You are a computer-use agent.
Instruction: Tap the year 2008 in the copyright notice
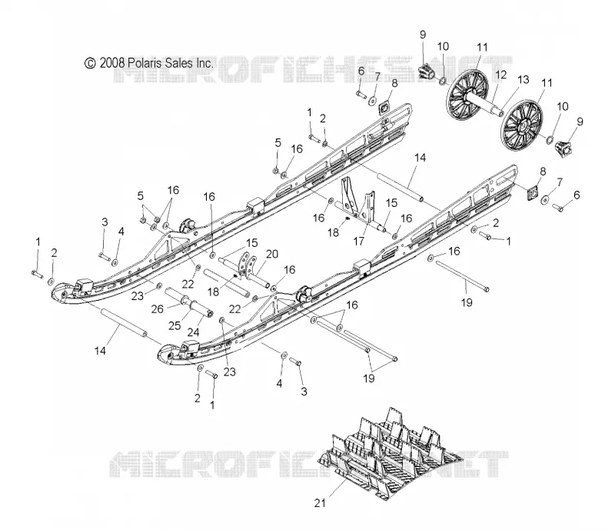click(112, 63)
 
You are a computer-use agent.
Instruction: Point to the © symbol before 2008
click(91, 63)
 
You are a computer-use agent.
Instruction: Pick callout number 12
click(501, 75)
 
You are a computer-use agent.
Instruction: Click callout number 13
click(524, 80)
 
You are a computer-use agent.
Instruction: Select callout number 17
click(359, 241)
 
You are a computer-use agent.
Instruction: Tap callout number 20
click(272, 255)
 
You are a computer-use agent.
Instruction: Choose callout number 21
click(320, 502)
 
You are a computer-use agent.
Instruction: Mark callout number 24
click(193, 332)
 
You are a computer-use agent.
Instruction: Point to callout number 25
click(175, 325)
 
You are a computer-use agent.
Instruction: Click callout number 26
click(158, 309)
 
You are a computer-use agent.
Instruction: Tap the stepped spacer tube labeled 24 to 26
click(188, 302)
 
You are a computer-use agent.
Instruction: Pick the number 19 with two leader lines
click(369, 378)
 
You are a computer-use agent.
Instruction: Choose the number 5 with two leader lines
click(141, 195)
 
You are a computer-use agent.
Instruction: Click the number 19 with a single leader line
click(467, 302)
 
